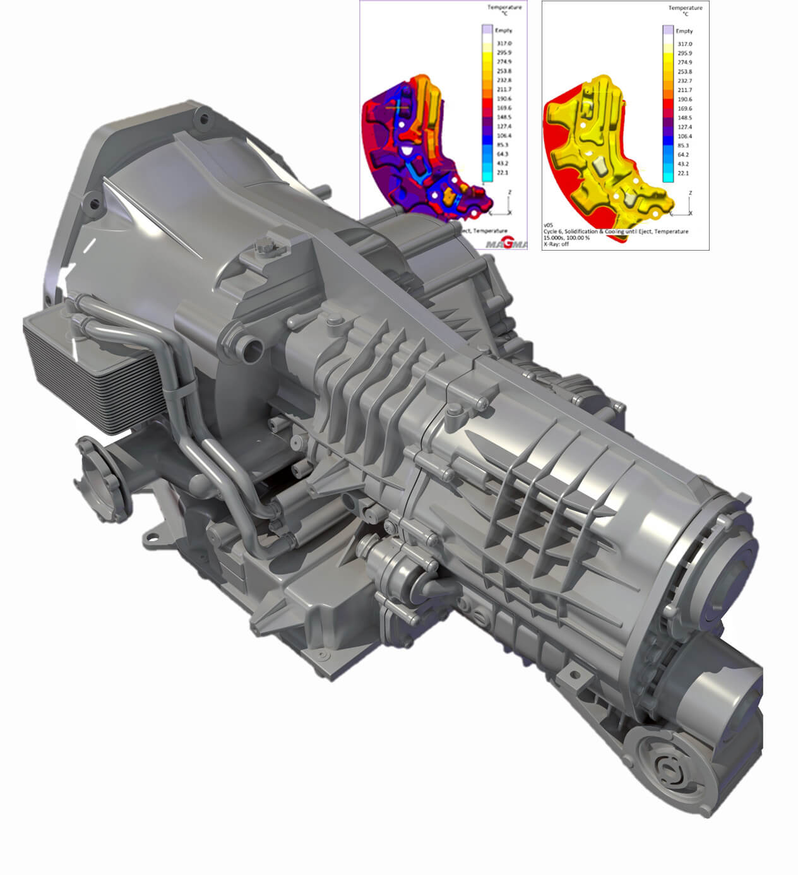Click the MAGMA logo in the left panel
click(x=506, y=244)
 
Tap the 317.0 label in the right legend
click(x=684, y=44)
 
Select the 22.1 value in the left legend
click(x=503, y=172)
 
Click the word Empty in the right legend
click(x=684, y=31)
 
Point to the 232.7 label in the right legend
click(x=684, y=81)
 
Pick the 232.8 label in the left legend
click(x=504, y=80)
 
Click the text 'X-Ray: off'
click(x=556, y=244)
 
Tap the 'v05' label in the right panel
click(x=547, y=225)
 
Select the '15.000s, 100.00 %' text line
click(x=566, y=238)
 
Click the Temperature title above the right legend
click(x=686, y=8)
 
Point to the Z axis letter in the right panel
click(x=691, y=193)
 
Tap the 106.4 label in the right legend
click(x=684, y=136)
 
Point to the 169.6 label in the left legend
click(x=504, y=108)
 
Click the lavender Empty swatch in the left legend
click(x=487, y=30)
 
